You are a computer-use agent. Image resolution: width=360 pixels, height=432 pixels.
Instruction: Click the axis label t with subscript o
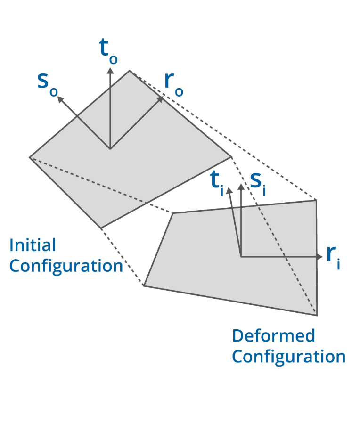108,51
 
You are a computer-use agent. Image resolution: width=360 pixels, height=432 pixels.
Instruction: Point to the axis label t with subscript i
216,181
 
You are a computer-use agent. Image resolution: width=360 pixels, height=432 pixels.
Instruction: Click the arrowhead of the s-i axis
241,187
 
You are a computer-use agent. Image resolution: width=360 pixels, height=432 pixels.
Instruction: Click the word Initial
33,245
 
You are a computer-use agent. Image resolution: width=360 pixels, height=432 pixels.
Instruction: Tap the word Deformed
273,336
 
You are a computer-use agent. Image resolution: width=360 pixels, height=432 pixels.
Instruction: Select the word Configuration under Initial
66,266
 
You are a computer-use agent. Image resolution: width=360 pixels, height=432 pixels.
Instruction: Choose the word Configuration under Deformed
289,357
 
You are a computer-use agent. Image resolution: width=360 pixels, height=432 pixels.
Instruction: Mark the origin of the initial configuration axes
110,149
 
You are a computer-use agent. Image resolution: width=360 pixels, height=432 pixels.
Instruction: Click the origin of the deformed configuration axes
241,257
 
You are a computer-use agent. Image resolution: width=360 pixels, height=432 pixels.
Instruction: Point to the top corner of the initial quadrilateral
130,71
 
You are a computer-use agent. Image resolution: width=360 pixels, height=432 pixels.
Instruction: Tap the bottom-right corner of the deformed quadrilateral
317,315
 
